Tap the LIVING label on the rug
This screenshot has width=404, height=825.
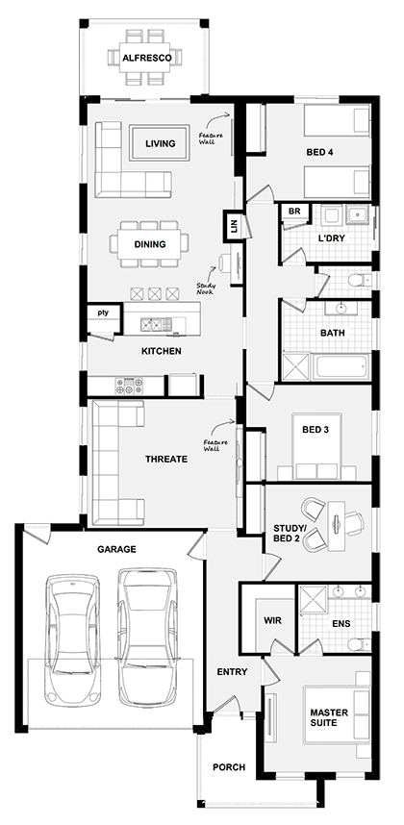(x=161, y=144)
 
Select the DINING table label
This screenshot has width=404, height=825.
(x=149, y=244)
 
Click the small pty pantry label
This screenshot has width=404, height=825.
(x=102, y=312)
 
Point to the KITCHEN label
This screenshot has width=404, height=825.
(x=161, y=351)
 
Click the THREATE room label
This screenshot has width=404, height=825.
(x=166, y=460)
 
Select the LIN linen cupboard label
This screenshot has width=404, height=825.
(x=234, y=228)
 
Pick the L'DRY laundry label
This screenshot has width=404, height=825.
(x=331, y=237)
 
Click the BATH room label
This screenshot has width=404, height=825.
(x=333, y=334)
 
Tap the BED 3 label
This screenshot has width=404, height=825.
(x=316, y=430)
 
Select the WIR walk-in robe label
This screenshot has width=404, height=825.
(x=273, y=621)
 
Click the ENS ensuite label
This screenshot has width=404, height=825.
(x=341, y=623)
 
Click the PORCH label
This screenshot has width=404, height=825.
(x=229, y=767)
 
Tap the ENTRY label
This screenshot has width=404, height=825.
(x=232, y=672)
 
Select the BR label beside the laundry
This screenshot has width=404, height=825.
(x=294, y=211)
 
